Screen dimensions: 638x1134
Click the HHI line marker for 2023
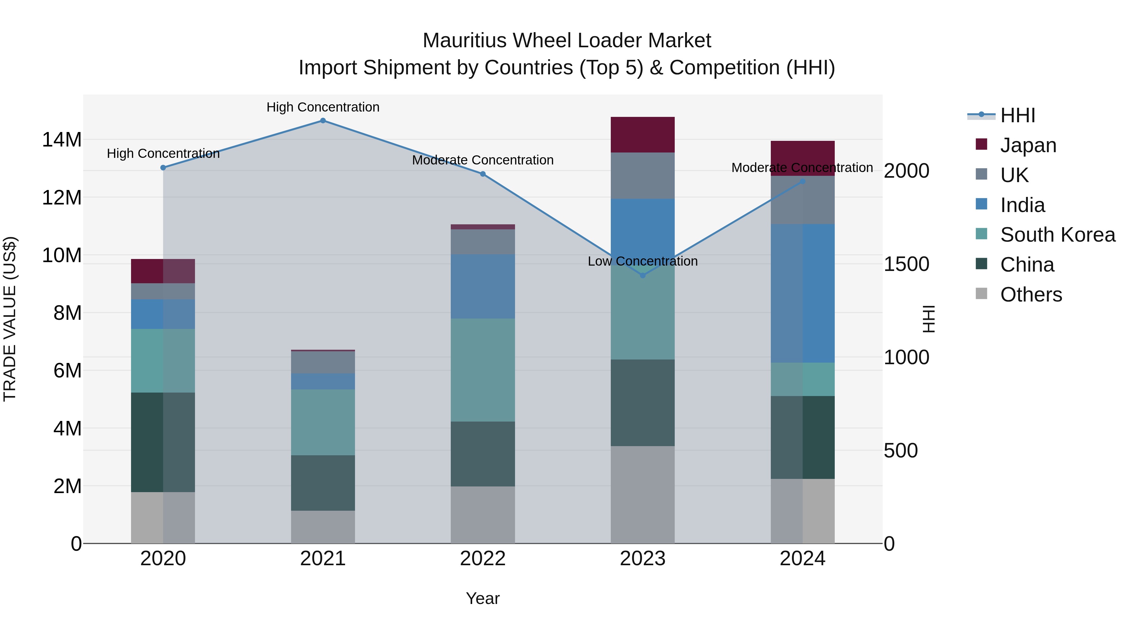pos(642,276)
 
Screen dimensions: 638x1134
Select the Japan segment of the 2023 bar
pos(642,135)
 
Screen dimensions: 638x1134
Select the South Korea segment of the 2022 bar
pos(483,370)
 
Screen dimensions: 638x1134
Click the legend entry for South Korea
pos(1057,235)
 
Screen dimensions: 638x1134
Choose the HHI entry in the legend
pos(1017,115)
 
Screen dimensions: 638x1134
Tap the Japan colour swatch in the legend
pos(981,144)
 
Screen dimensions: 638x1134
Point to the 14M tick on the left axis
pos(62,140)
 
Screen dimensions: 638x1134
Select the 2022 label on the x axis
pos(483,559)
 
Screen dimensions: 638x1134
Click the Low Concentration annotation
pos(642,261)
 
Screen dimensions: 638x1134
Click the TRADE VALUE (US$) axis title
pos(10,319)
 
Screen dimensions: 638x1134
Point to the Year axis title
pos(483,598)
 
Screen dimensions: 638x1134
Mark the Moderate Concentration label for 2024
pos(802,168)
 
